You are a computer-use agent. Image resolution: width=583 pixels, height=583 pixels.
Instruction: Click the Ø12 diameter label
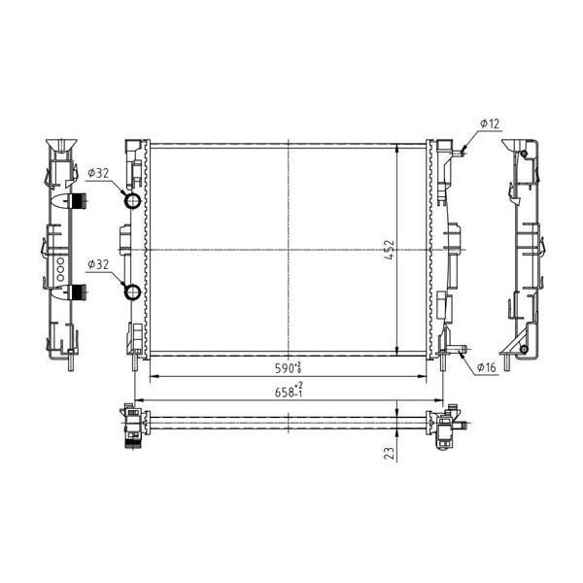coord(490,123)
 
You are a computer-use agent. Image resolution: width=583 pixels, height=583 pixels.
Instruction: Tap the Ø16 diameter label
coord(487,367)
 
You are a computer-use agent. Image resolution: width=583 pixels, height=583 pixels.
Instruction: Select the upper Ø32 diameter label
coord(98,173)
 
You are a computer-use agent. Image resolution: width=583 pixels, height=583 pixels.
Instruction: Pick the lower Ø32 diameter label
coord(98,264)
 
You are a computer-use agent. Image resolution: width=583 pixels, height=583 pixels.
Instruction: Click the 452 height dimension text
coord(390,250)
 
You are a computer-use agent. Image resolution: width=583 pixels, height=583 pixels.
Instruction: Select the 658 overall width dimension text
coord(289,391)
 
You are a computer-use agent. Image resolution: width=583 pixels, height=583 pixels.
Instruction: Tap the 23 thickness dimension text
coord(389,453)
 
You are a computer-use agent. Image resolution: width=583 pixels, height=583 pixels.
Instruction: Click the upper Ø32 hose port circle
coord(132,201)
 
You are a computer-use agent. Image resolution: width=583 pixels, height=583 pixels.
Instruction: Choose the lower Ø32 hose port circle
coord(132,291)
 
